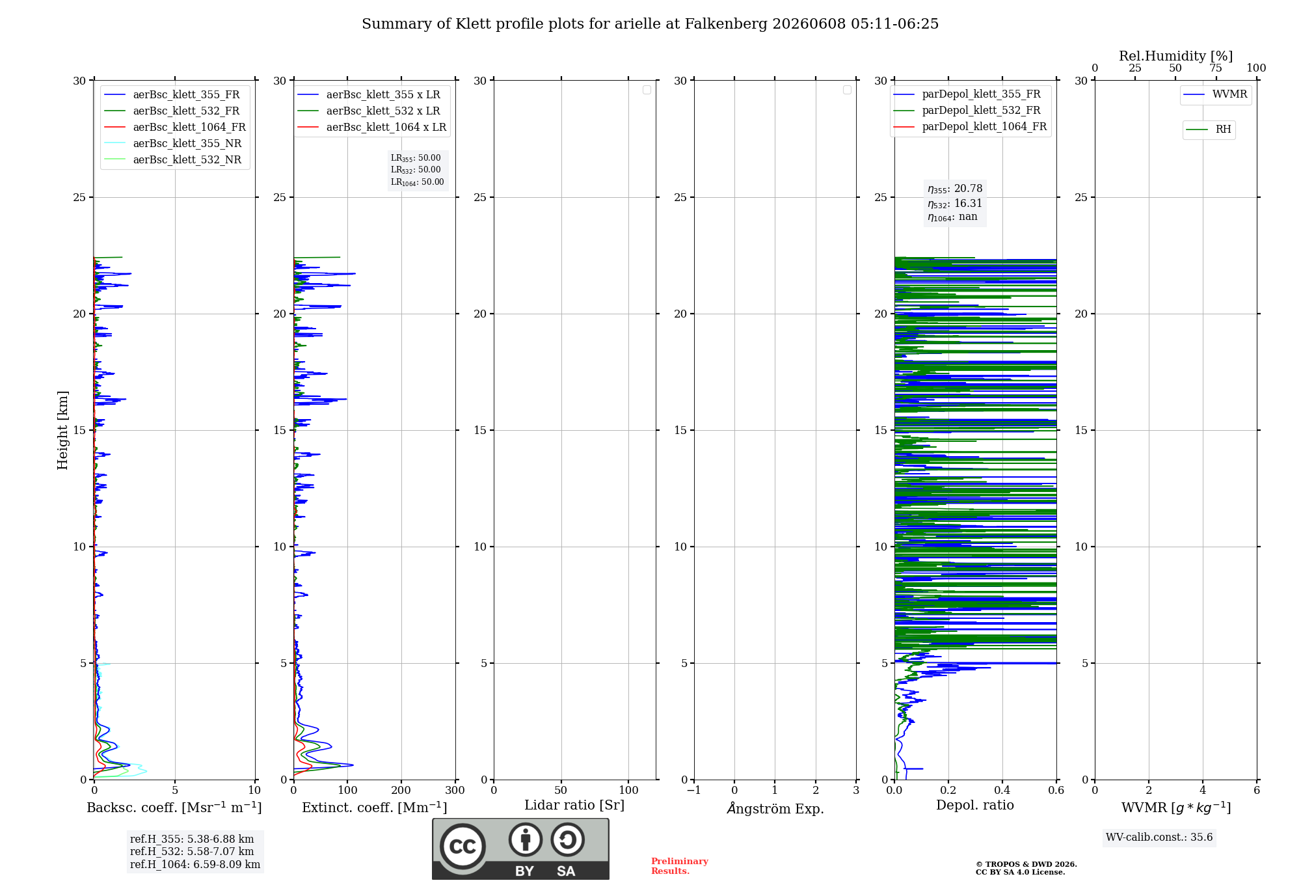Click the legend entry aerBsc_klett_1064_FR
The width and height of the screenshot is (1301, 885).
[x=175, y=128]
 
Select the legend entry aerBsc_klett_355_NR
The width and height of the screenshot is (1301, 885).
[x=173, y=144]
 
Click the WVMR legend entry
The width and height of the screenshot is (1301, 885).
[x=1215, y=94]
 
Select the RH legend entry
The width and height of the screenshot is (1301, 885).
[x=1209, y=129]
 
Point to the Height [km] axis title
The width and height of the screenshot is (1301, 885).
[x=62, y=430]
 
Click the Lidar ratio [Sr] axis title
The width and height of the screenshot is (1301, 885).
[x=574, y=806]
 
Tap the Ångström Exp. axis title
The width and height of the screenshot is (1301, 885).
[x=775, y=808]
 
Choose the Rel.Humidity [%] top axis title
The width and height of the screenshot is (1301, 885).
[x=1175, y=56]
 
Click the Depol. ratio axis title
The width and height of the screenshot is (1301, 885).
[x=975, y=805]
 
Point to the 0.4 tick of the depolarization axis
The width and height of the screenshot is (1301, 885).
[x=1002, y=790]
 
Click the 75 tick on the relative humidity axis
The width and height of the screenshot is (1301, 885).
[x=1216, y=68]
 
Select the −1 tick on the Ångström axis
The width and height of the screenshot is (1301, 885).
[x=694, y=790]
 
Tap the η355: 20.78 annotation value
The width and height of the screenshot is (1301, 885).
[x=955, y=189]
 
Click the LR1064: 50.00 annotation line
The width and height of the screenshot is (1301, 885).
[x=418, y=182]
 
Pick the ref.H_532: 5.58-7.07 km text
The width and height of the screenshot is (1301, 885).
[x=192, y=851]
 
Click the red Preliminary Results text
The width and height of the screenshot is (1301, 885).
[x=680, y=866]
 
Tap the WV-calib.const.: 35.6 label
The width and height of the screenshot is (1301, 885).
[x=1159, y=837]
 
